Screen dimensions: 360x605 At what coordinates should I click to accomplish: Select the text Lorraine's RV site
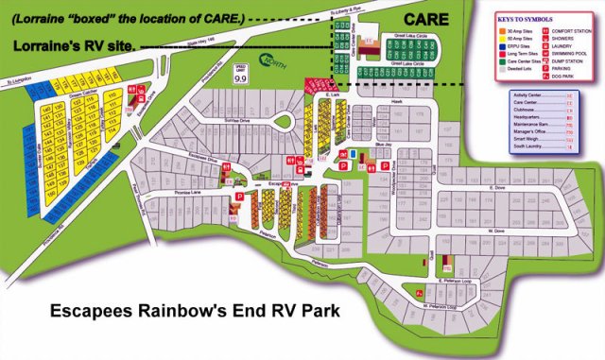pyautogui.click(x=73, y=45)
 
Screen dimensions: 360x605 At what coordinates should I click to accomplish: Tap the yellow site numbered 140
pyautogui.click(x=45, y=108)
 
